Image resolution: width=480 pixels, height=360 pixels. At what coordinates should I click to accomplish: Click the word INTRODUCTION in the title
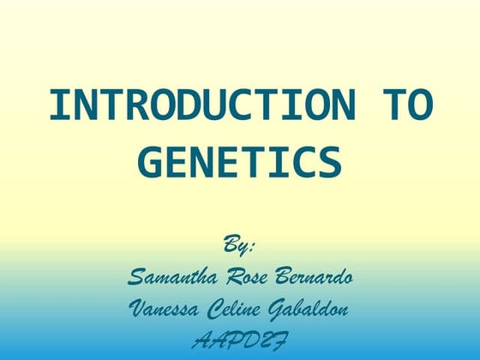pyautogui.click(x=201, y=106)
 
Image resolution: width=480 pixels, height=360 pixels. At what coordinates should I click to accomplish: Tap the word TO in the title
pyautogui.click(x=405, y=106)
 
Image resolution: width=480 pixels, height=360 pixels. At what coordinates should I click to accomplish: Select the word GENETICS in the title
pyautogui.click(x=240, y=163)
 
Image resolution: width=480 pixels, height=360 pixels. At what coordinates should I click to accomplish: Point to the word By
pyautogui.click(x=235, y=246)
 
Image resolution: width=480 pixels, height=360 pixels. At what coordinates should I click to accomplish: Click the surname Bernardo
pyautogui.click(x=317, y=278)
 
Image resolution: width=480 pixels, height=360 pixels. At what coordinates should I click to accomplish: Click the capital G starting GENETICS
pyautogui.click(x=151, y=163)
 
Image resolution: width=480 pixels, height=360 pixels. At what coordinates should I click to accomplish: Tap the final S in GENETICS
pyautogui.click(x=331, y=163)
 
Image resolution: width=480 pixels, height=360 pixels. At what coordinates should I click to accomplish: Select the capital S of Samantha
pyautogui.click(x=135, y=278)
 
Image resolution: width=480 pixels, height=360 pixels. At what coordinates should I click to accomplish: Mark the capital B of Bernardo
pyautogui.click(x=285, y=278)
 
